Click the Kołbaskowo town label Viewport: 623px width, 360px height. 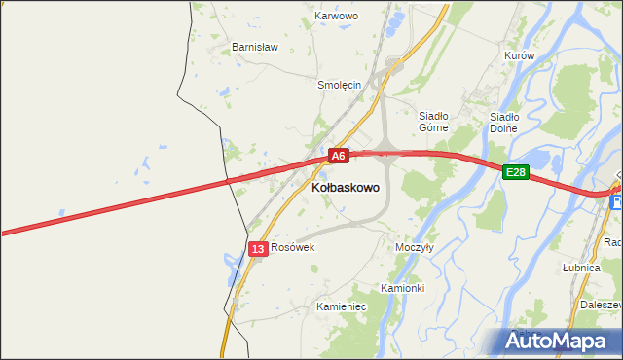click(x=346, y=186)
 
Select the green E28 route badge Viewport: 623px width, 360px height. click(x=516, y=172)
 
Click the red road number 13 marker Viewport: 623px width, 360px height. click(x=257, y=249)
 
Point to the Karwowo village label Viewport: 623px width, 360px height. click(x=338, y=17)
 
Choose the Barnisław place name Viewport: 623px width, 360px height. click(x=255, y=46)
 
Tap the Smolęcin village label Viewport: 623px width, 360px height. click(x=340, y=85)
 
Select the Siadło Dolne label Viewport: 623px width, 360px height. click(x=503, y=123)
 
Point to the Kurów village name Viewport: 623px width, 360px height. click(x=520, y=55)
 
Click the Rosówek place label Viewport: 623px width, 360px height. click(x=293, y=247)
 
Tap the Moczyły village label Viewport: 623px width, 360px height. click(x=415, y=247)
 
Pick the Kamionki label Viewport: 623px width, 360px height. click(x=402, y=289)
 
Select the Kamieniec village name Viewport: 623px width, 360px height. click(x=341, y=306)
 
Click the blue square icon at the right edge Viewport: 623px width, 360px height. click(x=616, y=201)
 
